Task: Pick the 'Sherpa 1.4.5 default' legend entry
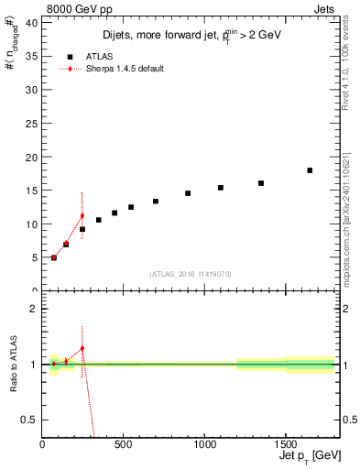click(x=111, y=69)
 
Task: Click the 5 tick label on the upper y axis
click(x=35, y=257)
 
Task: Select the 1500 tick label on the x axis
click(x=286, y=446)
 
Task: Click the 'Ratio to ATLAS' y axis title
click(x=13, y=365)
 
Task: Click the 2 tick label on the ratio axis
click(x=35, y=309)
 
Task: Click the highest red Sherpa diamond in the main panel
click(x=82, y=216)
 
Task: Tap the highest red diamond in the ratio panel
click(x=82, y=348)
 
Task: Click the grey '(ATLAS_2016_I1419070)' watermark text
click(x=190, y=273)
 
